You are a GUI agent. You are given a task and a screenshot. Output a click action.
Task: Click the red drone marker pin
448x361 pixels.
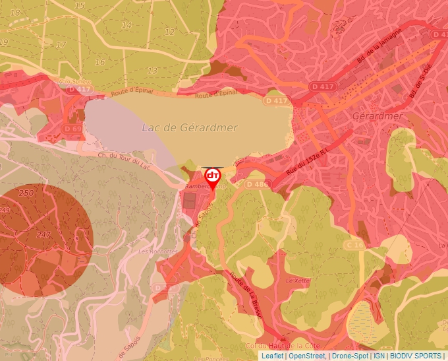212,177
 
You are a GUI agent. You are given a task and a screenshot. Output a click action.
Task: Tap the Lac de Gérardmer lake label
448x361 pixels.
190,127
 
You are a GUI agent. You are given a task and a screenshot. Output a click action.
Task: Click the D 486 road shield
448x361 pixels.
258,184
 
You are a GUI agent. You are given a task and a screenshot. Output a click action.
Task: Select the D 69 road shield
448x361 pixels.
72,127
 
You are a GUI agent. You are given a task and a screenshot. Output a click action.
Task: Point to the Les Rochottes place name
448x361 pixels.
158,252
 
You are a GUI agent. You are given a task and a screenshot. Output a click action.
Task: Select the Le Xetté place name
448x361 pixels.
298,280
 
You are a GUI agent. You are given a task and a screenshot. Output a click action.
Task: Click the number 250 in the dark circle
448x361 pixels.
26,193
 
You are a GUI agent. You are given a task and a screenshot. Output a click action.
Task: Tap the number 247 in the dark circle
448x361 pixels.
44,235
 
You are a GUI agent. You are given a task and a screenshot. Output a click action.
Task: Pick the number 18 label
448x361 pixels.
15,13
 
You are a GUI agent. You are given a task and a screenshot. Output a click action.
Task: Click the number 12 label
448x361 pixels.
170,32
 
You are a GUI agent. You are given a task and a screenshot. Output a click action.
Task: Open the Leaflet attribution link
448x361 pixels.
272,356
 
